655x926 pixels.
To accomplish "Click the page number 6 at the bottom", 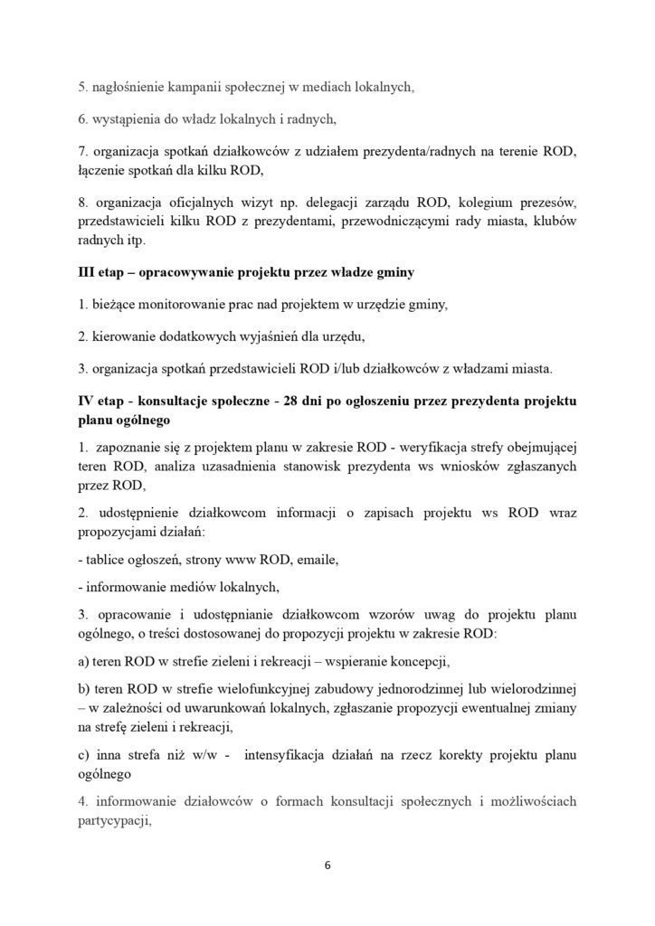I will click(327, 864).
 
